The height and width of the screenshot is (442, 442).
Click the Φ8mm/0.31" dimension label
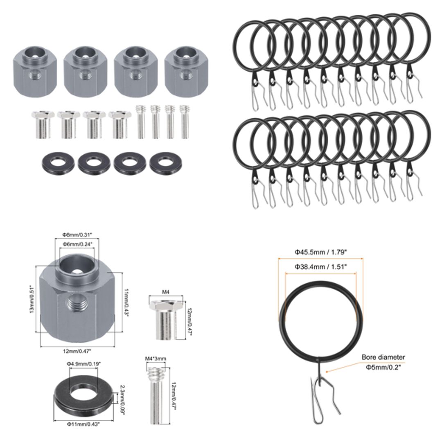point(77,235)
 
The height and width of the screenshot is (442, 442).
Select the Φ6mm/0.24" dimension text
point(77,244)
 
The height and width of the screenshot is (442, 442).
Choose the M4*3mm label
point(156,359)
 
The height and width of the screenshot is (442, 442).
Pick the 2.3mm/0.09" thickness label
point(122,399)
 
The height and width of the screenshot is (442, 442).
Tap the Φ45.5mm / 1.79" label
point(320,253)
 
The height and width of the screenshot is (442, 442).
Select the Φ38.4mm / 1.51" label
point(320,266)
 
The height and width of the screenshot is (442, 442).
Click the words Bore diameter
point(383,357)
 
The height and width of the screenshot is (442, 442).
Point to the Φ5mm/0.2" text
point(383,367)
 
